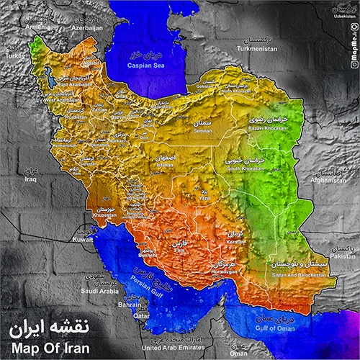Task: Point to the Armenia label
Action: coord(38,27)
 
